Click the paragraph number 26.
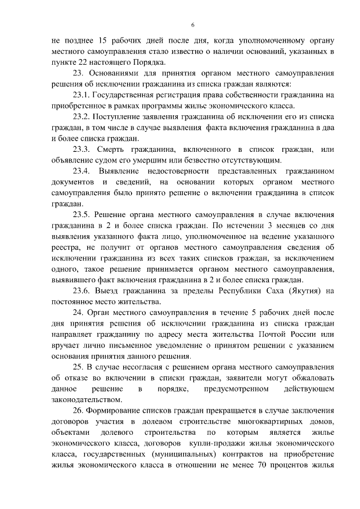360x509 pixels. [x=79, y=411]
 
